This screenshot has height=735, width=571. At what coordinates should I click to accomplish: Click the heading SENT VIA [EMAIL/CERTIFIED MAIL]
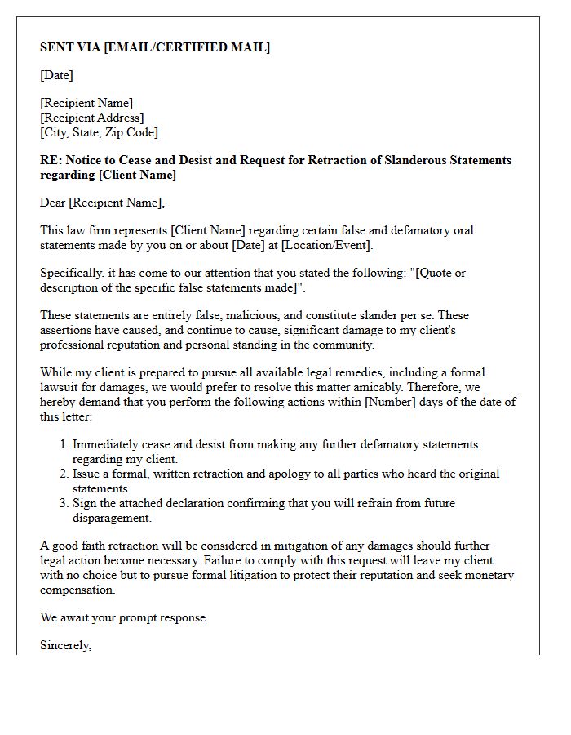click(155, 47)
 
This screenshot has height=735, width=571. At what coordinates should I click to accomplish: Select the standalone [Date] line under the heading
click(56, 75)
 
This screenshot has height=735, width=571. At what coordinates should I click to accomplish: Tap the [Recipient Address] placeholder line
click(92, 118)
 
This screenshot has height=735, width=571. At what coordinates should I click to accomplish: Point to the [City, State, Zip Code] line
click(99, 132)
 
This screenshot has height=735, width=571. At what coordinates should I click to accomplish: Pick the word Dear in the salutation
click(53, 203)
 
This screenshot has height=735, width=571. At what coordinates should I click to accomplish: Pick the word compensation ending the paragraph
click(77, 590)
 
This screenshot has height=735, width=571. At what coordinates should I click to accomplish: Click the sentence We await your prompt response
click(124, 617)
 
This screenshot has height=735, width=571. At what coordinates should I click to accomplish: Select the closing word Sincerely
click(65, 645)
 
